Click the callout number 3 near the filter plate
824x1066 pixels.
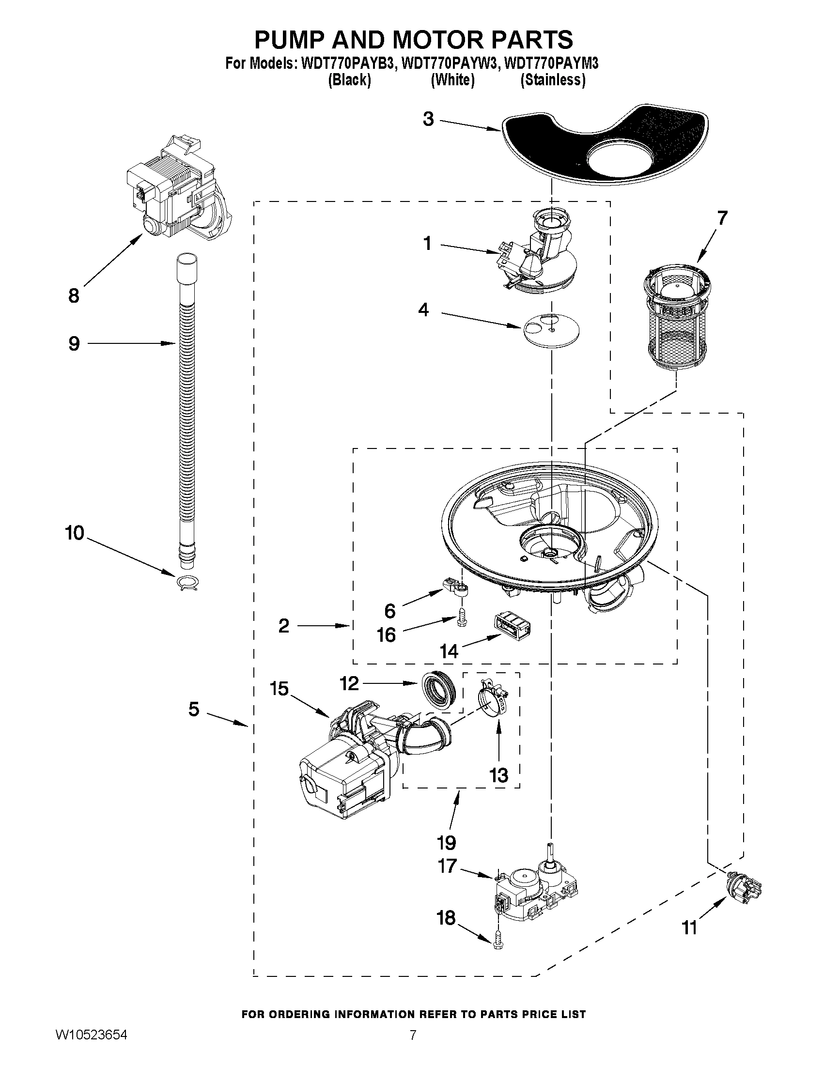coord(428,119)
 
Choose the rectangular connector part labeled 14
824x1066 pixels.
coord(513,626)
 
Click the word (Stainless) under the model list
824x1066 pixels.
coord(553,80)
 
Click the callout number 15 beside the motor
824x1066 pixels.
coord(279,689)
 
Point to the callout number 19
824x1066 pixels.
coord(447,842)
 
